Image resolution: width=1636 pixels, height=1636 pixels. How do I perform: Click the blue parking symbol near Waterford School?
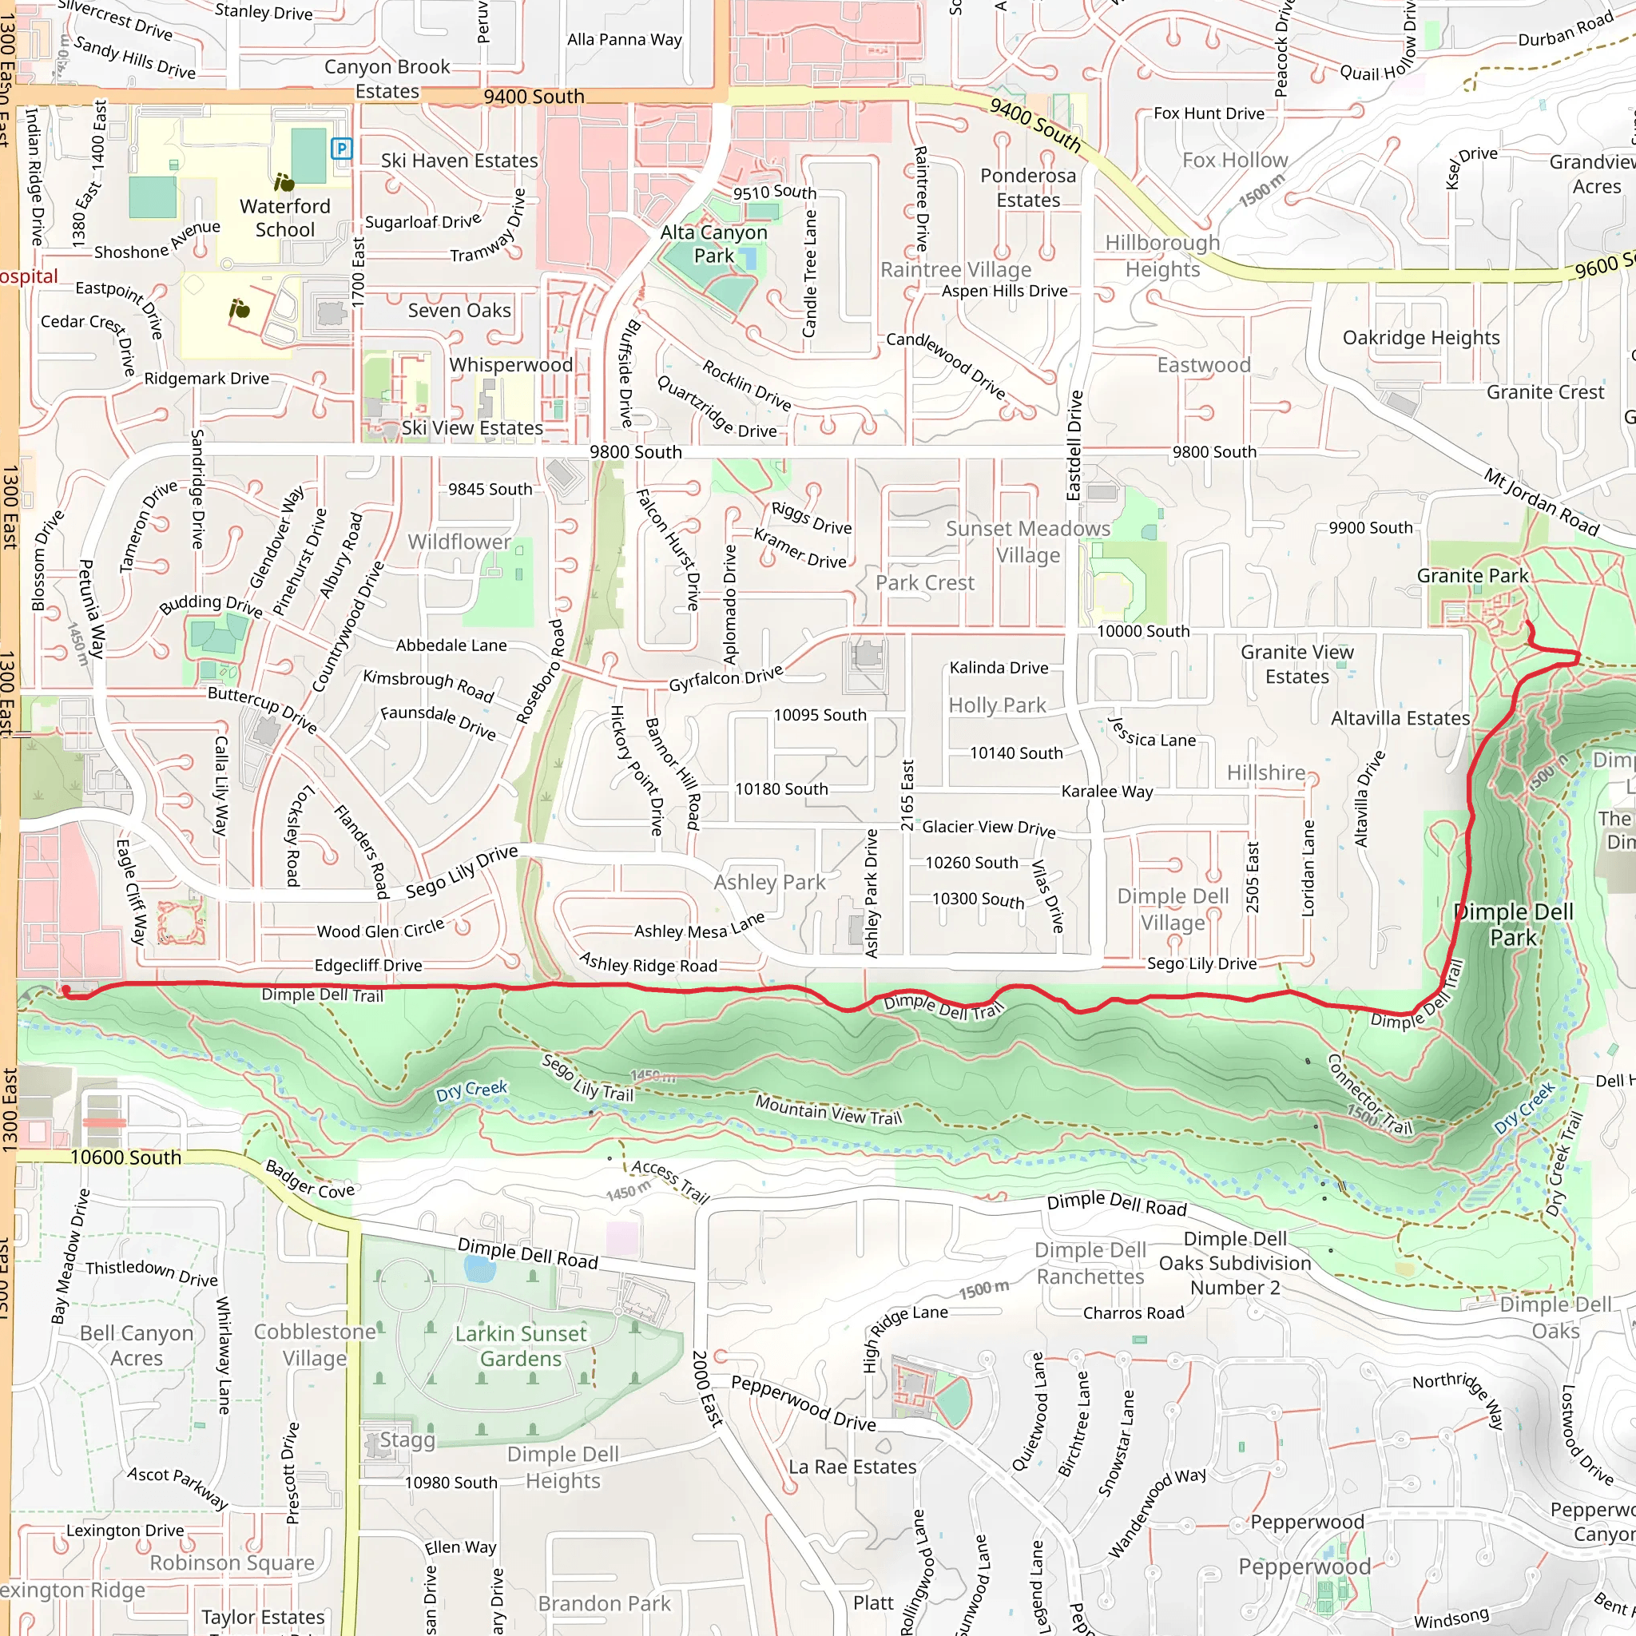(x=341, y=149)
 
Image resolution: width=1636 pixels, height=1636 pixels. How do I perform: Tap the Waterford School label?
(x=284, y=217)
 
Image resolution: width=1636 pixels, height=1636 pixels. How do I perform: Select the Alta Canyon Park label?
(x=713, y=244)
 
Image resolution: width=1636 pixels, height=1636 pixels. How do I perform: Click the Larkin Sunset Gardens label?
(x=520, y=1345)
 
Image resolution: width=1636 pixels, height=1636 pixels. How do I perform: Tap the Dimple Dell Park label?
(x=1512, y=925)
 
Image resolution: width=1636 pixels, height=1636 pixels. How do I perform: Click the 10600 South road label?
(x=125, y=1157)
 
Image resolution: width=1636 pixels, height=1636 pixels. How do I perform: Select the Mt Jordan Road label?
(x=1540, y=502)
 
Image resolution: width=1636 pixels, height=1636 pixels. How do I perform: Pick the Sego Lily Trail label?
(x=588, y=1077)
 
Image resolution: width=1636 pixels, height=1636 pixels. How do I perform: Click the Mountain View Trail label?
(x=828, y=1110)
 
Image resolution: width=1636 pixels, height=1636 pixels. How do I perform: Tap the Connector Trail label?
(x=1368, y=1094)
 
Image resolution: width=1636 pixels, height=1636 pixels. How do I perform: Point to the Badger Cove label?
(x=309, y=1180)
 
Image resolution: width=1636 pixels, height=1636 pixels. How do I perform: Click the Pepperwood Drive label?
(x=803, y=1403)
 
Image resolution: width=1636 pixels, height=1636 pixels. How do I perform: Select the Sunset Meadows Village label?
(x=1027, y=542)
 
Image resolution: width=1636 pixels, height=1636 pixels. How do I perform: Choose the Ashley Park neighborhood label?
(x=769, y=883)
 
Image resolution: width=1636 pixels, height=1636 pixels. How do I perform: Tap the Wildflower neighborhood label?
(x=459, y=541)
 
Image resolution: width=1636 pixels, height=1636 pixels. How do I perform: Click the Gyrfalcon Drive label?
(x=725, y=678)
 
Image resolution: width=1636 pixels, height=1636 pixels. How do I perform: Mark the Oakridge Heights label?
(x=1420, y=338)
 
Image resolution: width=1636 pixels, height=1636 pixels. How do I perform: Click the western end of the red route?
(x=66, y=991)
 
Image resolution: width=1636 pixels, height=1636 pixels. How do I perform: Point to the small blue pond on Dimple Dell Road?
(x=479, y=1269)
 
